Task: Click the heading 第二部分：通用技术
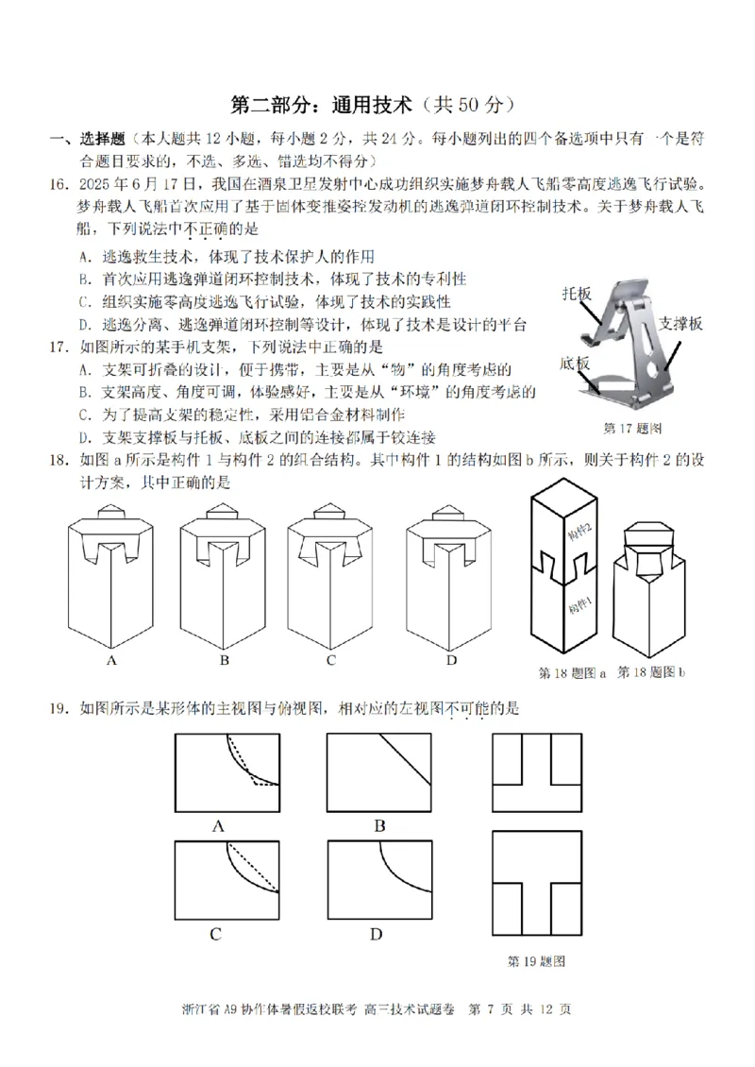coord(321,105)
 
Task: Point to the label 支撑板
coord(680,323)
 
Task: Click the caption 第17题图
coord(631,428)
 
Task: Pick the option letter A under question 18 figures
coord(111,660)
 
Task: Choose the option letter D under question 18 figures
coord(451,660)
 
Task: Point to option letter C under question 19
coord(215,936)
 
